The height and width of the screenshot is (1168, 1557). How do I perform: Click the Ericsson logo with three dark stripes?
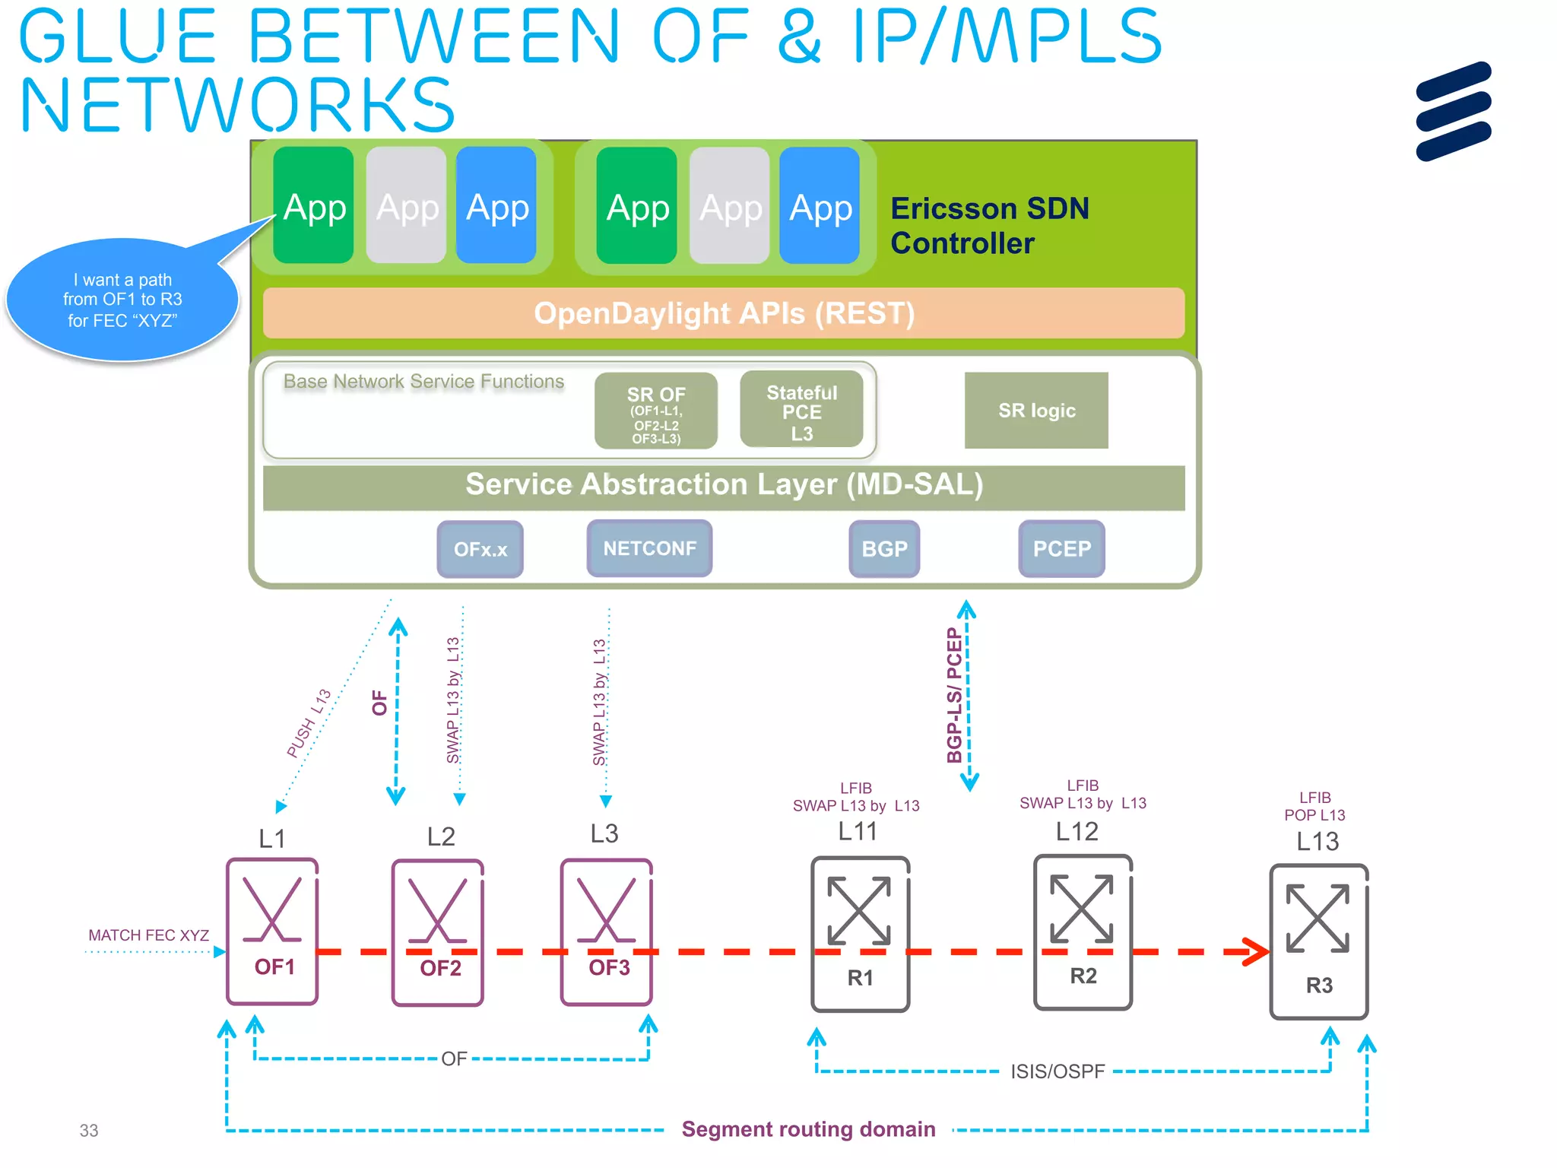1453,112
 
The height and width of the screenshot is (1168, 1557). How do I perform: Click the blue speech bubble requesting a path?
122,300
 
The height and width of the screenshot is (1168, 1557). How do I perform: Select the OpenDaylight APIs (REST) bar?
723,313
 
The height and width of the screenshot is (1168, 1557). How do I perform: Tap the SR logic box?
1035,411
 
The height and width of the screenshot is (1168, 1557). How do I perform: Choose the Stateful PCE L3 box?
801,411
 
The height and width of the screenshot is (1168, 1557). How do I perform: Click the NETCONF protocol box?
649,548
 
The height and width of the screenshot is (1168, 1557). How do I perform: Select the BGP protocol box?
884,549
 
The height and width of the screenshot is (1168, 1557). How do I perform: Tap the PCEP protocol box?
1061,549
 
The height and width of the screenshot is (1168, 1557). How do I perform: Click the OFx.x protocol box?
480,549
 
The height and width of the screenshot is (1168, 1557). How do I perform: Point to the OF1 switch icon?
272,932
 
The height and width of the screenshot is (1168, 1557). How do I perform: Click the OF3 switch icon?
607,932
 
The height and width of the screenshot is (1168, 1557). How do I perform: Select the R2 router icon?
1083,932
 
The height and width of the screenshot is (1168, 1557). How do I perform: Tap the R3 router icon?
1319,941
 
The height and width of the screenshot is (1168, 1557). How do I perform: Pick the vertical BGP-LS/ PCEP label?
954,695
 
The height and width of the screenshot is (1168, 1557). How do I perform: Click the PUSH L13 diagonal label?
309,723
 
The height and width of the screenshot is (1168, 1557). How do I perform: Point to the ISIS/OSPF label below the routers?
1057,1071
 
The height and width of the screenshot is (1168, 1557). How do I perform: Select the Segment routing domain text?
808,1129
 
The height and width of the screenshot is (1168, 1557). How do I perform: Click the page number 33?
89,1131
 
